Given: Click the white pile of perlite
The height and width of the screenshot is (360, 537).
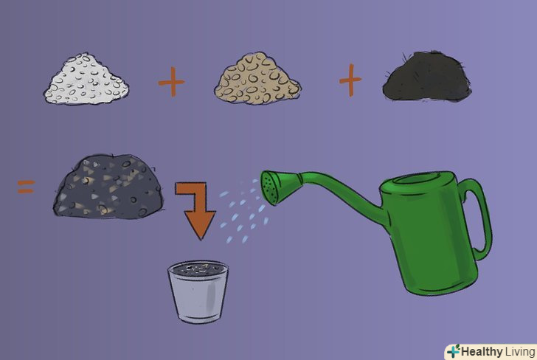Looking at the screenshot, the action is point(86,80).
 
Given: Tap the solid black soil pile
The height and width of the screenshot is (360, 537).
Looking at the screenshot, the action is point(426,77).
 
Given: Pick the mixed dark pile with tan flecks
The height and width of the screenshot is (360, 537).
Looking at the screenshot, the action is point(108,187).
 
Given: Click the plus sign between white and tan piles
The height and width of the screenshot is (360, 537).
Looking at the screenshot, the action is point(171,82).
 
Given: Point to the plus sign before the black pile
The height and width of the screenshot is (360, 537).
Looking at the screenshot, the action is point(350,80).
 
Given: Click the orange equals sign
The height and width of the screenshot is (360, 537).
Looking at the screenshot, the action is point(27,187).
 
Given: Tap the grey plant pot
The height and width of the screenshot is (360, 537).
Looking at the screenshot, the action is point(198,292).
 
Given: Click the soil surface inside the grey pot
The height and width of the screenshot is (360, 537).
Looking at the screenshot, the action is point(198,269).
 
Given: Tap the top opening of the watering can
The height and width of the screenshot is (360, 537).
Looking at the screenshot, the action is point(418,179).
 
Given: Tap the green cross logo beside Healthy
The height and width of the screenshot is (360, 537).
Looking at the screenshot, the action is point(454,351).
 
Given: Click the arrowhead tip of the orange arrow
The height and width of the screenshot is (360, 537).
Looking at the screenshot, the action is point(201,240).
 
